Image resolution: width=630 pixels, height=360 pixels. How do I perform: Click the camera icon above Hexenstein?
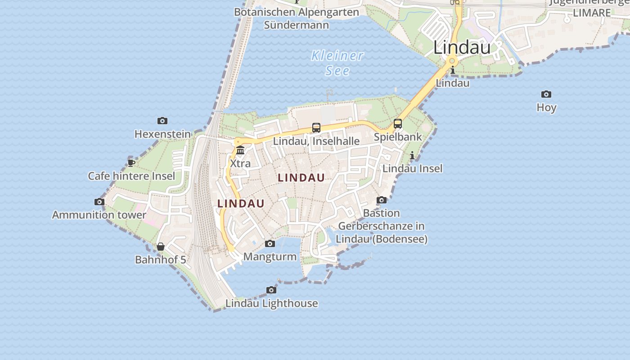pos(162,121)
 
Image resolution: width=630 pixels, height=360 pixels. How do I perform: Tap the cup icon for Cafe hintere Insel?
pos(131,162)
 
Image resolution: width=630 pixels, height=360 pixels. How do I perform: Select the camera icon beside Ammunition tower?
pos(99,202)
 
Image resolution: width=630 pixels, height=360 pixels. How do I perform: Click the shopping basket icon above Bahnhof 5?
pos(161,247)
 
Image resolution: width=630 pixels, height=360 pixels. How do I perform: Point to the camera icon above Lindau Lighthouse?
pos(271,290)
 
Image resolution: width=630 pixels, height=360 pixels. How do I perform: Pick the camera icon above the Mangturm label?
pos(270,243)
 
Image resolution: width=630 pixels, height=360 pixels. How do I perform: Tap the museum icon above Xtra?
pos(240,150)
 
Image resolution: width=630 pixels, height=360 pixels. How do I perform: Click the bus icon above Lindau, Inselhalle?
pos(316,128)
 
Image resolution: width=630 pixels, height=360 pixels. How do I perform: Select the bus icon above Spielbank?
pos(398,123)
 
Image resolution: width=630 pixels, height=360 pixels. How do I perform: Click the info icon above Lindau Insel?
pos(412,156)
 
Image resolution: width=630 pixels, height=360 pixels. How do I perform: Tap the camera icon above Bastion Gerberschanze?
pos(382,200)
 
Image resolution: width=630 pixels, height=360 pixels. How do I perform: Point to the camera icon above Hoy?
pos(546,94)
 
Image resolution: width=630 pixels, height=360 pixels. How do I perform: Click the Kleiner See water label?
pos(337,63)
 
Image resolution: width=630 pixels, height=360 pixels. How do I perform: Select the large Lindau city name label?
pos(462,47)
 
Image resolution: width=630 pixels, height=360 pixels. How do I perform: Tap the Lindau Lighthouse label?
pos(271,303)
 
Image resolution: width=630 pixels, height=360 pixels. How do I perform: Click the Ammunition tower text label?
pos(99,215)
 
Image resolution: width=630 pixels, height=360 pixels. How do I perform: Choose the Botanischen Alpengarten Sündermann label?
pos(297,18)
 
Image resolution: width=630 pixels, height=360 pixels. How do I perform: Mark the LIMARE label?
pos(592,13)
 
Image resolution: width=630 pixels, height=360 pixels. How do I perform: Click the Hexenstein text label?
pos(162,134)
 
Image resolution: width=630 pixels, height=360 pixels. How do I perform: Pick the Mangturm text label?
pos(270,257)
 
